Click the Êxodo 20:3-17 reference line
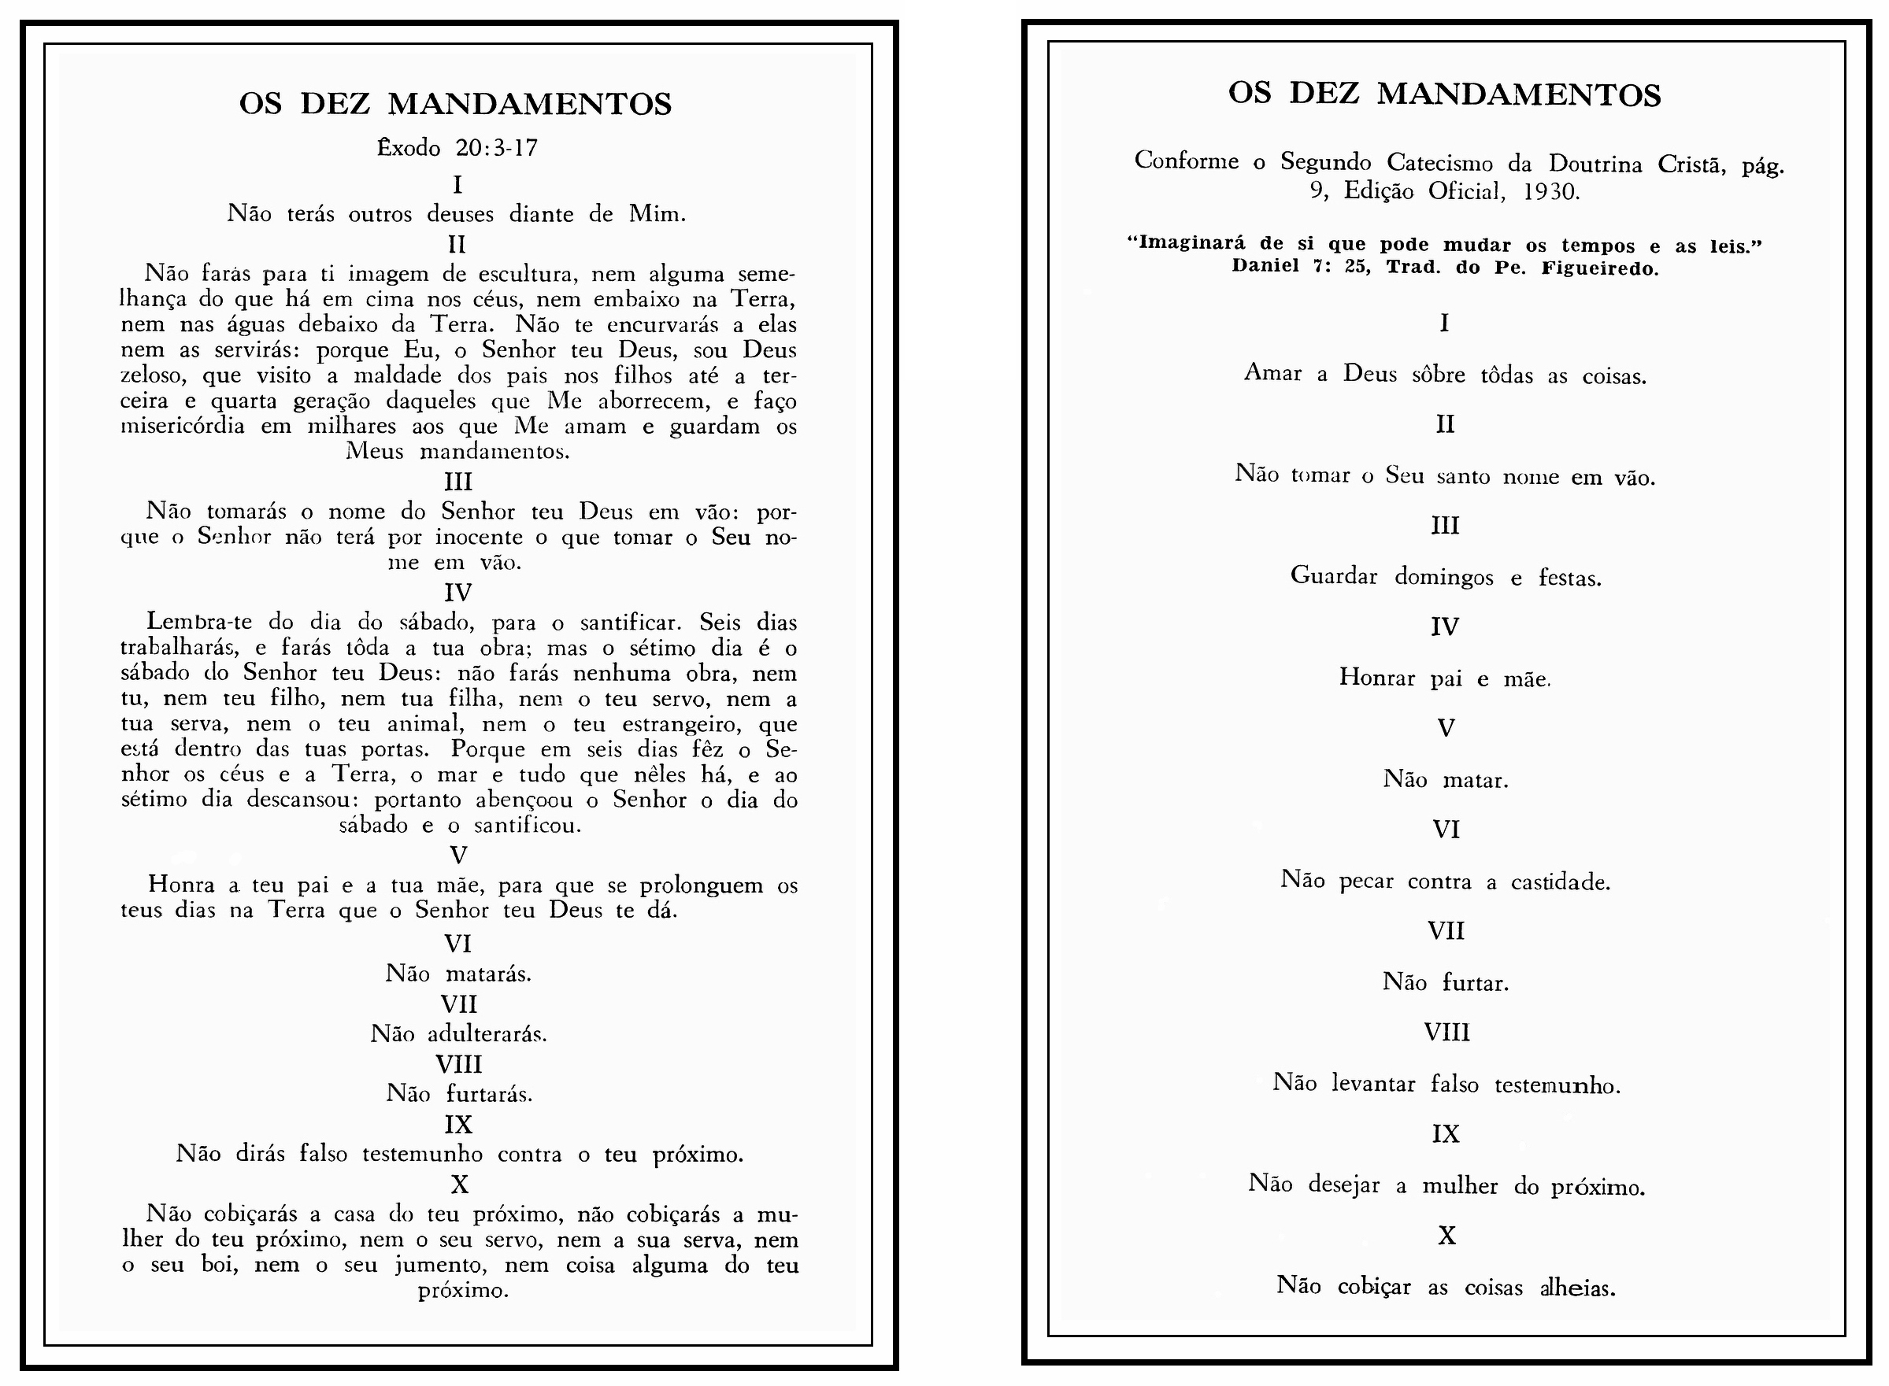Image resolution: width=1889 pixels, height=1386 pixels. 457,149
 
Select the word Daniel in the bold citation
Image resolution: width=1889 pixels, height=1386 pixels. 1265,268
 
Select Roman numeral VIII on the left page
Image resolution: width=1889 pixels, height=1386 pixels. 458,1064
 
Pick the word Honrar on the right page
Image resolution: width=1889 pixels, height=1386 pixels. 1377,677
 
